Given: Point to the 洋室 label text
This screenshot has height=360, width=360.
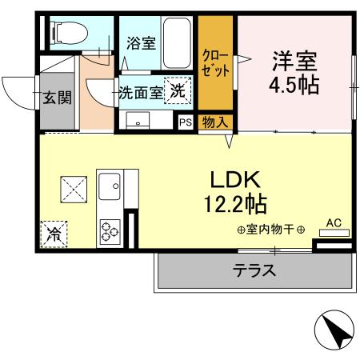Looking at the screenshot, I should tap(295, 61).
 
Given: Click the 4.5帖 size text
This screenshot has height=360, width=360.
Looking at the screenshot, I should tap(295, 86).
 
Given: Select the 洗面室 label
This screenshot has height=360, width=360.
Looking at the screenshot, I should tap(141, 92).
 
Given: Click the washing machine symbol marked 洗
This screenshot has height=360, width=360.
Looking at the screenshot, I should tap(178, 90).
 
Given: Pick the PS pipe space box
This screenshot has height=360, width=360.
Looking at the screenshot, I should tap(185, 122).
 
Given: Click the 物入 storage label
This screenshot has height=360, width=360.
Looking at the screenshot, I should tap(214, 122).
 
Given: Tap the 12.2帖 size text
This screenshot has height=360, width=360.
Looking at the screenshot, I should tap(234, 205).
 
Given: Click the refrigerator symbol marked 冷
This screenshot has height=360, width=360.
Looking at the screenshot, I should tap(53, 234).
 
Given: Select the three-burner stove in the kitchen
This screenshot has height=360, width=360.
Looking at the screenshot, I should tap(110, 232).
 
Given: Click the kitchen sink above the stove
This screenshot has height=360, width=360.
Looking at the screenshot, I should tap(110, 191).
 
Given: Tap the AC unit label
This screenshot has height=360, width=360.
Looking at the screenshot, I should tap(334, 222).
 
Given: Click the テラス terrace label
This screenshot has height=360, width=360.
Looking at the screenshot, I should tap(254, 270).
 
